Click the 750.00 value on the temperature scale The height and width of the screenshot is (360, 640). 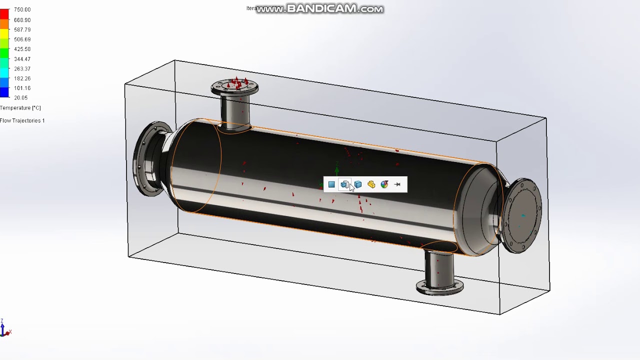click(22, 10)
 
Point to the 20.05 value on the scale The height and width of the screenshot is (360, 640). click(20, 98)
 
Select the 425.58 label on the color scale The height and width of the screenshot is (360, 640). click(22, 49)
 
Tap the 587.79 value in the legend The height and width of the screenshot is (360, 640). click(22, 29)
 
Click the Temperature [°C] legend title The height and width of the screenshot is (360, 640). click(20, 108)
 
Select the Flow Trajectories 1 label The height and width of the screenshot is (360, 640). click(22, 120)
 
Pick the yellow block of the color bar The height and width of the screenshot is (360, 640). click(4, 33)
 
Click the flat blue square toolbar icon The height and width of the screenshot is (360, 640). click(331, 184)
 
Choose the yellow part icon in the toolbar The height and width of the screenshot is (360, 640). click(371, 184)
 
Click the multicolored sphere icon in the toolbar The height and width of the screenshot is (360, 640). click(384, 184)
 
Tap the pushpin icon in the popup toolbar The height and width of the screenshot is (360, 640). click(397, 184)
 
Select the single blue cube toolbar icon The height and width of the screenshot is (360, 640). click(358, 184)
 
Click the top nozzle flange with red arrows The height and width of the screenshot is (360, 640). click(234, 88)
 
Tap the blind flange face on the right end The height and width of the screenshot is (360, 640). click(523, 215)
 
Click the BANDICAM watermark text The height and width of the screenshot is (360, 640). click(320, 9)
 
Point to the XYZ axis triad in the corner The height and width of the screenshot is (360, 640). click(4, 328)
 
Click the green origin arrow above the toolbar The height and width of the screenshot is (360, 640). click(337, 170)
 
